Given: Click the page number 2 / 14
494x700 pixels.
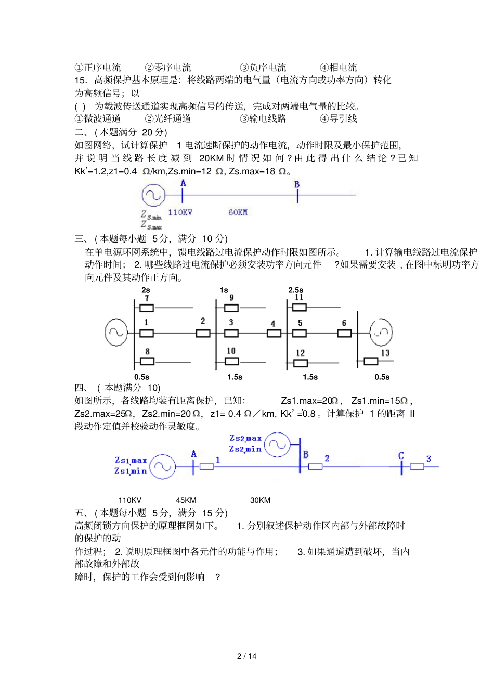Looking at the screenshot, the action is pyautogui.click(x=246, y=656).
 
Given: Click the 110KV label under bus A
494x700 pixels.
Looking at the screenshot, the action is pyautogui.click(x=180, y=212).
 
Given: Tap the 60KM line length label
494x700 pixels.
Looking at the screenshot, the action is pyautogui.click(x=238, y=212).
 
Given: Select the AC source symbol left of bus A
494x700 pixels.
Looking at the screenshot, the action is pyautogui.click(x=153, y=195).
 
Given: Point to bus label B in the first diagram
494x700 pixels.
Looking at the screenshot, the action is pyautogui.click(x=297, y=184).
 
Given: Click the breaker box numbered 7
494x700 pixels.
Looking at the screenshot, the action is pyautogui.click(x=147, y=308).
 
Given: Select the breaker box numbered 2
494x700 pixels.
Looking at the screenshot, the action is pyautogui.click(x=203, y=333).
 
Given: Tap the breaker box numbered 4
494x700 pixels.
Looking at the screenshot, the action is pyautogui.click(x=274, y=333).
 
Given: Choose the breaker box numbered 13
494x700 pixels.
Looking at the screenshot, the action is pyautogui.click(x=371, y=361).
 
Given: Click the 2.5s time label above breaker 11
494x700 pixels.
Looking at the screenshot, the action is pyautogui.click(x=296, y=290).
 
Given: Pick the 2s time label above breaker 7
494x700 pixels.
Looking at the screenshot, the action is pyautogui.click(x=146, y=290).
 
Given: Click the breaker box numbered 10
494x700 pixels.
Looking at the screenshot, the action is pyautogui.click(x=231, y=361).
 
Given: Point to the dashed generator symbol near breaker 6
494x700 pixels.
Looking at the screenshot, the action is pyautogui.click(x=381, y=332).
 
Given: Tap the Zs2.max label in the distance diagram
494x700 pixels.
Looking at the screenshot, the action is pyautogui.click(x=245, y=438).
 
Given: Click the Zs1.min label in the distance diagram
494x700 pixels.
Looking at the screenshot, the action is pyautogui.click(x=131, y=471).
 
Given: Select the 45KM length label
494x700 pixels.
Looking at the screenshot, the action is pyautogui.click(x=186, y=500).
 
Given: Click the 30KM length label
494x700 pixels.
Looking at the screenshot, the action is pyautogui.click(x=260, y=500).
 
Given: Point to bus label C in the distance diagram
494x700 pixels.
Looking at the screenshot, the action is pyautogui.click(x=401, y=455).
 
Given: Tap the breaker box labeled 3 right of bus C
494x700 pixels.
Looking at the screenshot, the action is pyautogui.click(x=417, y=467).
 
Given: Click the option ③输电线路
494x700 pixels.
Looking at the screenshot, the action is pyautogui.click(x=263, y=119).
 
